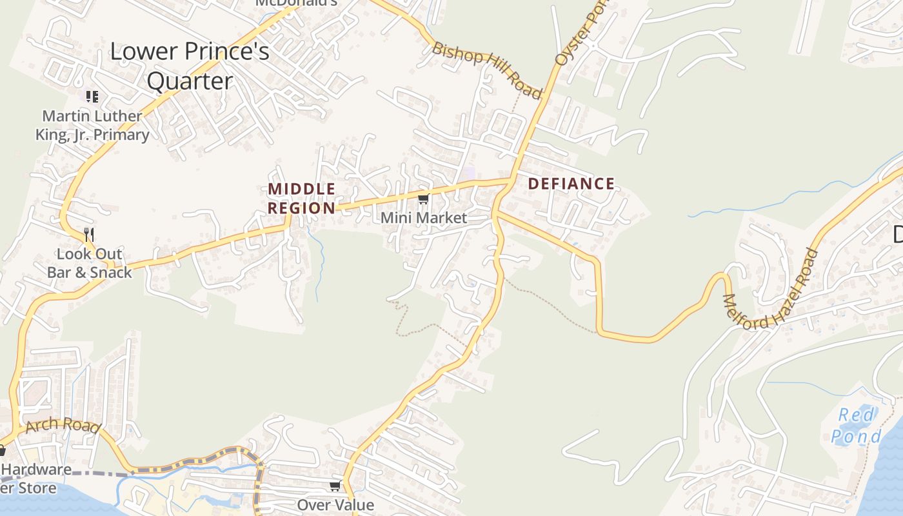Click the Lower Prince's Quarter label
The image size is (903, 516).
(190, 66)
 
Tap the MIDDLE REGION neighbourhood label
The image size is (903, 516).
(302, 199)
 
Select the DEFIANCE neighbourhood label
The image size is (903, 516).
(571, 184)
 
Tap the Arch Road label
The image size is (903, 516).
(63, 425)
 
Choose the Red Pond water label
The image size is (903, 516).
(856, 426)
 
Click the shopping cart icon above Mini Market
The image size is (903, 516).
(423, 199)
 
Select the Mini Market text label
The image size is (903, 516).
(423, 218)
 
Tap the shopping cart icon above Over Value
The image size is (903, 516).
(335, 486)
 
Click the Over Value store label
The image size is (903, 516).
(335, 504)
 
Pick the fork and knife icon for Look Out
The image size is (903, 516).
(89, 234)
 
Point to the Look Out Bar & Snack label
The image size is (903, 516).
(89, 263)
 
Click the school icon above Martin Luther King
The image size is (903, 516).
(92, 97)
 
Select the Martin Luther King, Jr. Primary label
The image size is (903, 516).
(92, 125)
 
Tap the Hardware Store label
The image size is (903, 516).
(35, 478)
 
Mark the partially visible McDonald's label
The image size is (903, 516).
(296, 3)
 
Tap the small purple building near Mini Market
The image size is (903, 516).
(469, 173)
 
